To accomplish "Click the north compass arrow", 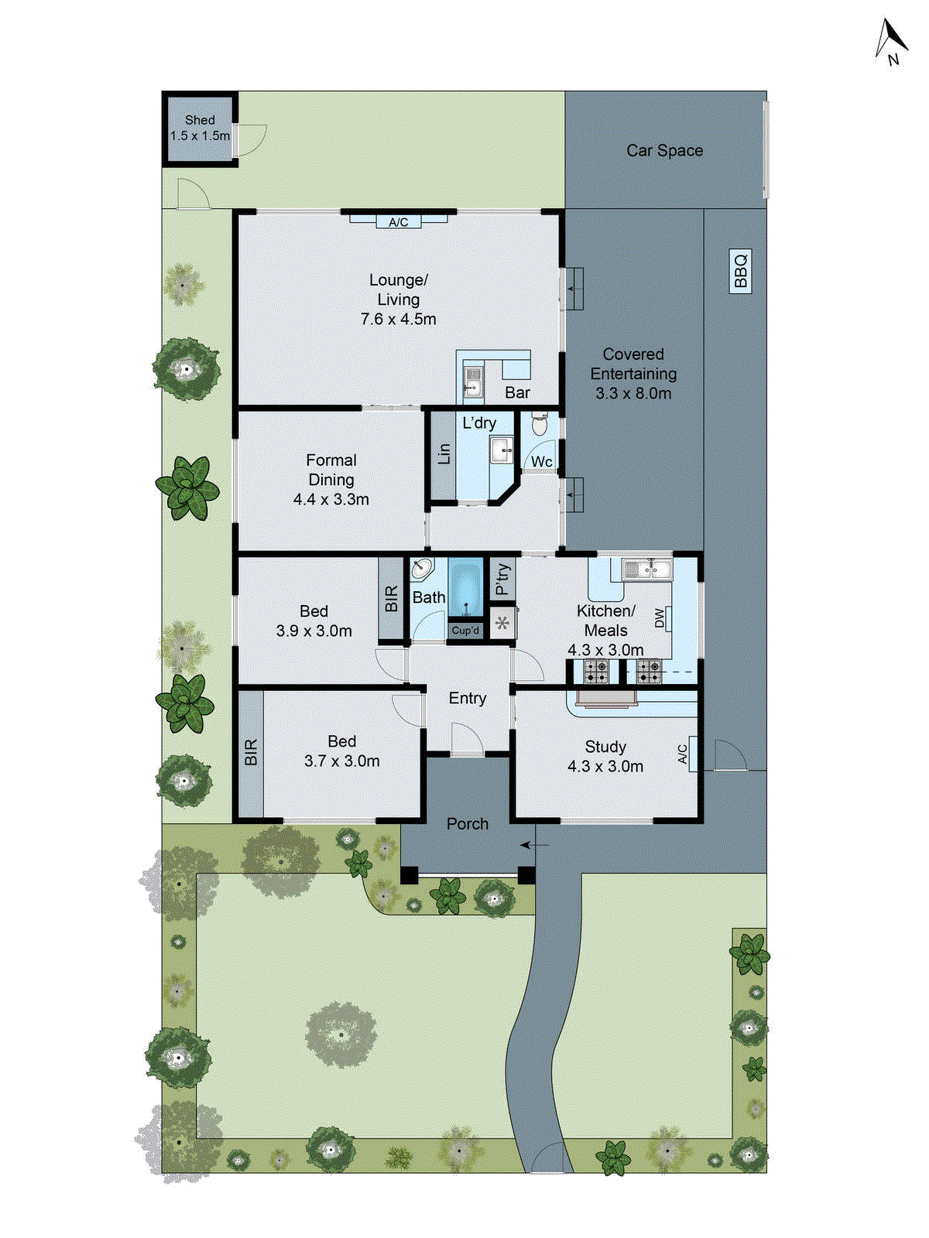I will (x=891, y=40).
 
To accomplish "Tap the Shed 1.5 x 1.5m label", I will (x=200, y=128).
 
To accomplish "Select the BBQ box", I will (x=741, y=270).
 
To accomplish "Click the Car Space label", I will (x=664, y=151).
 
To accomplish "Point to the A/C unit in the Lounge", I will (x=398, y=222).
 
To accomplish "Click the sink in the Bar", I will (x=472, y=381).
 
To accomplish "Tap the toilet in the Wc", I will (x=540, y=425).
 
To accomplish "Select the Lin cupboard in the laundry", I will (x=443, y=454).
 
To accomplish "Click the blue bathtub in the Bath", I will (x=465, y=588).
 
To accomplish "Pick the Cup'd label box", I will (x=465, y=631).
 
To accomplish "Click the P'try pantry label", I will (x=502, y=578).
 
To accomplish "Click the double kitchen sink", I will (x=647, y=570).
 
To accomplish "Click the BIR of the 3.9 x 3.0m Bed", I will (x=391, y=599).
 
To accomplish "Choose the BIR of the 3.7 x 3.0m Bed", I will (x=251, y=753).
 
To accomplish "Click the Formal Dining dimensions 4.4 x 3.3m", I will (x=331, y=500).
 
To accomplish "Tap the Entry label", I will (x=468, y=698).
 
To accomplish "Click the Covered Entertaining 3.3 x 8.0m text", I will (x=633, y=374).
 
